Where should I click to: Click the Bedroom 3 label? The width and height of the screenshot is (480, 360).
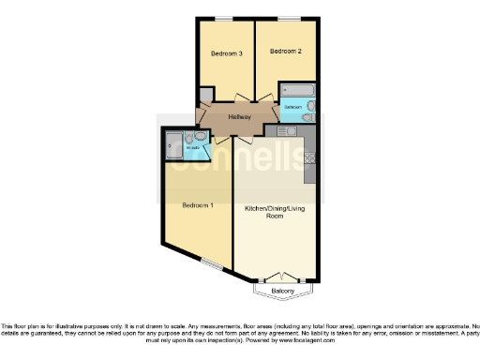[x=227, y=53]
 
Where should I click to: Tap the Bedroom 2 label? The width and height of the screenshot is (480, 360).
[x=285, y=52]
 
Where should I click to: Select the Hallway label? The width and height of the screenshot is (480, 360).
[x=240, y=116]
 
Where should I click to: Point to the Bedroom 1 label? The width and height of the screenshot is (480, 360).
[x=198, y=205]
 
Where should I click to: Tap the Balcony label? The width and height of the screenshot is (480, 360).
[x=282, y=292]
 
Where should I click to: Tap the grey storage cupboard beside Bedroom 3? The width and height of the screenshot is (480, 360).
[x=205, y=96]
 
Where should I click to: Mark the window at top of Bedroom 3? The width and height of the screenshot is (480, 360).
[x=226, y=20]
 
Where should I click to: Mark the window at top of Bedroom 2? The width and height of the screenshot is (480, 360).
[x=287, y=20]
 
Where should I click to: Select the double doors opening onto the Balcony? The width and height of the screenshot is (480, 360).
[x=278, y=278]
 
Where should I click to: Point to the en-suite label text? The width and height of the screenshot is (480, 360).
[x=193, y=147]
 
